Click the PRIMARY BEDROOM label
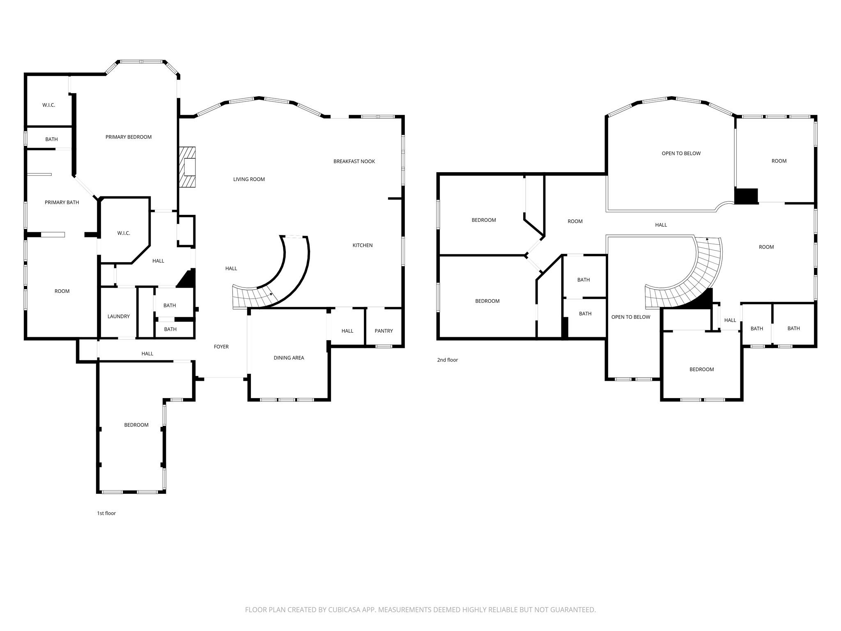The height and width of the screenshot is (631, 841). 128,137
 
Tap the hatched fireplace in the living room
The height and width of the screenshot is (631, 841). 187,167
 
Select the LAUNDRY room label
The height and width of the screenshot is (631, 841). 118,316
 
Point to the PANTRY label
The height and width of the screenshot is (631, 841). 384,331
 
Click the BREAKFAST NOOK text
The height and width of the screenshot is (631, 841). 354,161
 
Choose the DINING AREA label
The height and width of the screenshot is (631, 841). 289,358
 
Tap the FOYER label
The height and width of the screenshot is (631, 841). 221,347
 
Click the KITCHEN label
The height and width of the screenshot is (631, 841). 362,245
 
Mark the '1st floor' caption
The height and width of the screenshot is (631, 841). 106,513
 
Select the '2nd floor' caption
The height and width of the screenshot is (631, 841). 447,360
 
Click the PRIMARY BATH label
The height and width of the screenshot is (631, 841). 62,202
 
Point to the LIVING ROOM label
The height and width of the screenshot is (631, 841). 249,179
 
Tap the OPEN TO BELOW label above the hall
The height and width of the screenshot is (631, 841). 681,153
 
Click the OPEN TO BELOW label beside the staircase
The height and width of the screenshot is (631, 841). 630,317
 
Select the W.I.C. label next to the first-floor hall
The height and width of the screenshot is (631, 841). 124,233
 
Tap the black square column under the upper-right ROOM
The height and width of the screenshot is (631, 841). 745,196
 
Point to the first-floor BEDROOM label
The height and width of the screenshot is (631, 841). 136,425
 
